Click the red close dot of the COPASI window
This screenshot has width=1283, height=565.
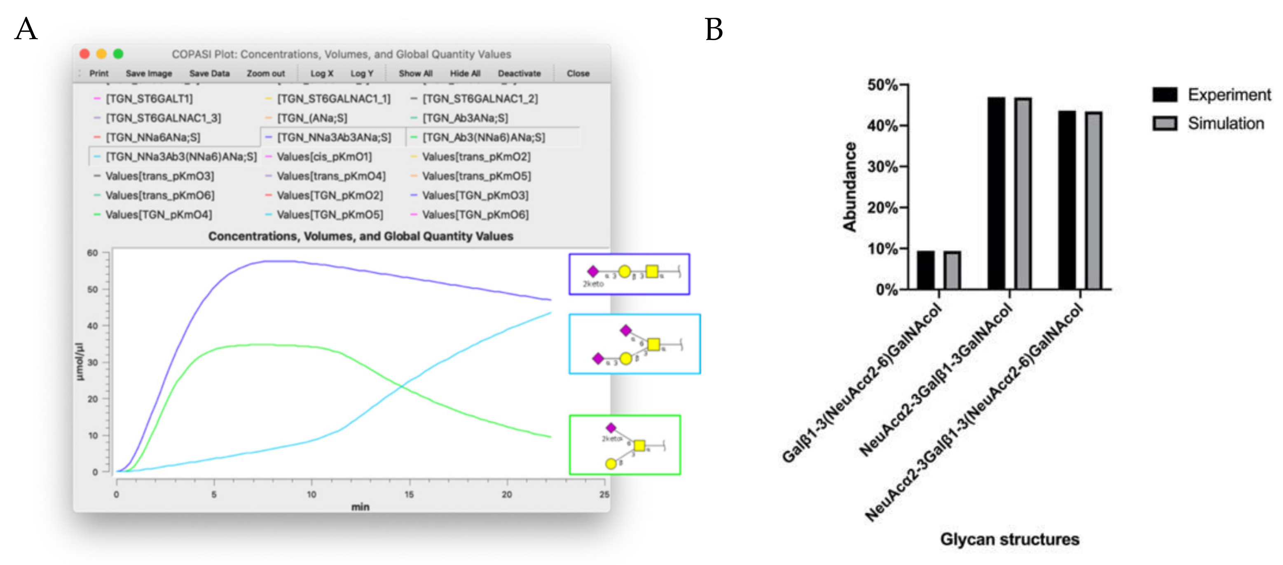click(x=85, y=54)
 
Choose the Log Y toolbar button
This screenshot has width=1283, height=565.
click(x=362, y=73)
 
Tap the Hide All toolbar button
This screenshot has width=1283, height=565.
click(x=465, y=73)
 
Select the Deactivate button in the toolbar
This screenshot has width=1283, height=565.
click(x=519, y=73)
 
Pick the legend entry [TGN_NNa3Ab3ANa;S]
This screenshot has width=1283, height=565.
click(x=334, y=137)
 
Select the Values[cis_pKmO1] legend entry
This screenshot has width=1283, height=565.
click(x=324, y=157)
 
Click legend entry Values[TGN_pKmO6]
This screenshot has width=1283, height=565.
click(x=475, y=215)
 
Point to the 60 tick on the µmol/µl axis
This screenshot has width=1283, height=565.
click(x=93, y=253)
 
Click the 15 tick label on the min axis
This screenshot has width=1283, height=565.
click(x=409, y=494)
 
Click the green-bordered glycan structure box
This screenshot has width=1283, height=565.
click(x=625, y=445)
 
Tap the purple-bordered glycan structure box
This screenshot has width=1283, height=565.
click(x=629, y=274)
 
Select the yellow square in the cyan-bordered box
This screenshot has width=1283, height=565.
click(x=653, y=344)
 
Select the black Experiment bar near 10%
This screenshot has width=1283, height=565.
click(x=925, y=270)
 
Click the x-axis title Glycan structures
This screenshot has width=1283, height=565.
click(x=1009, y=539)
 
